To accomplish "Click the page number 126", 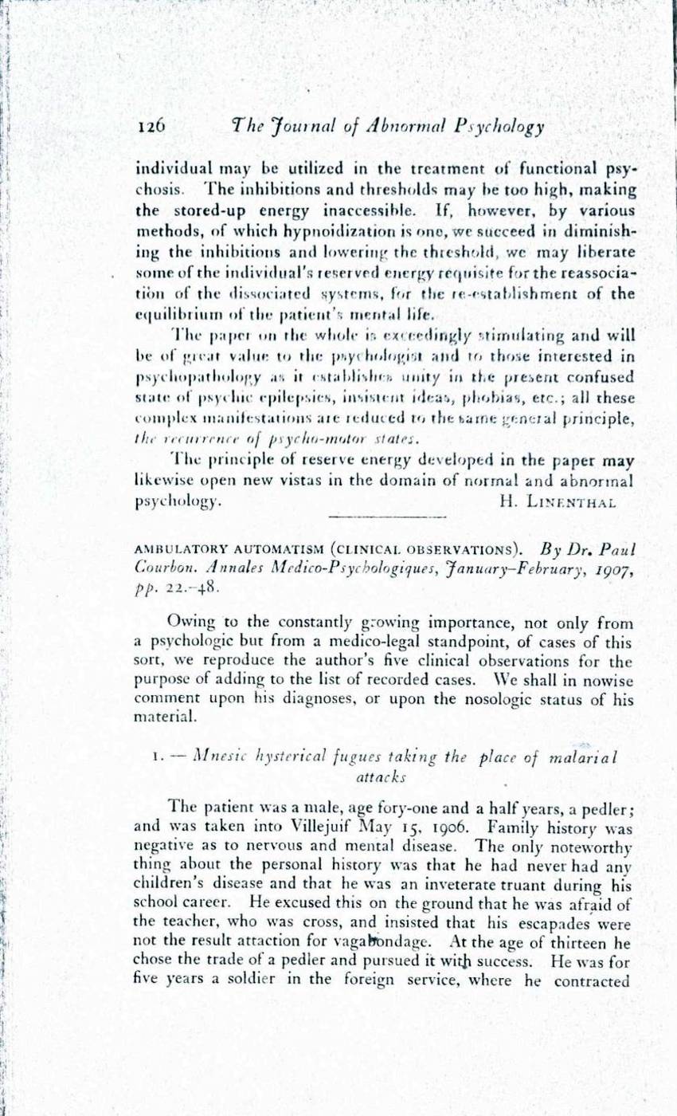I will [x=151, y=125].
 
